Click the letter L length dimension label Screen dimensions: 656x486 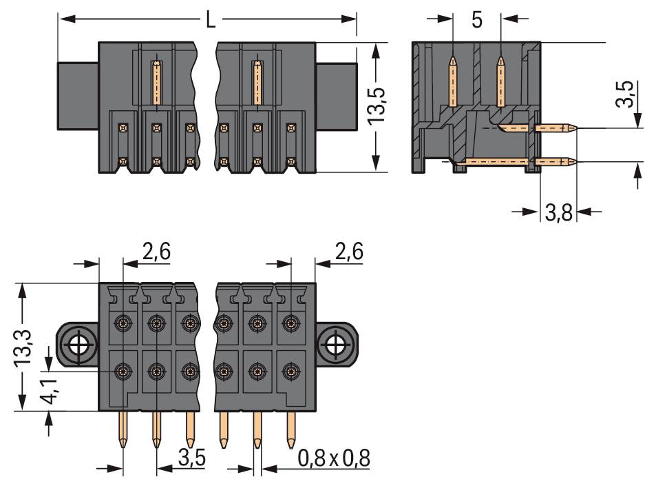pyautogui.click(x=211, y=20)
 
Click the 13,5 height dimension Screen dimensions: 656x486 pyautogui.click(x=376, y=106)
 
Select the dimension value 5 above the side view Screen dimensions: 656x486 pyautogui.click(x=477, y=20)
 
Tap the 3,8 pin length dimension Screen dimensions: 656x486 pyautogui.click(x=558, y=212)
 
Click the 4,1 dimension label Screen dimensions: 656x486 pyautogui.click(x=52, y=390)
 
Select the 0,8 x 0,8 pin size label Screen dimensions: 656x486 pyautogui.click(x=334, y=458)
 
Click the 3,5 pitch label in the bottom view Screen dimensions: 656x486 pyautogui.click(x=191, y=458)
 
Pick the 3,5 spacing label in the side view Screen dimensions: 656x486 pyautogui.click(x=624, y=94)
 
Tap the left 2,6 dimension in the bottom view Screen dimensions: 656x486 pyautogui.click(x=156, y=252)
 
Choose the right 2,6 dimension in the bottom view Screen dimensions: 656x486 pyautogui.click(x=349, y=252)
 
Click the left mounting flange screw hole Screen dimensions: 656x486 pyautogui.click(x=78, y=345)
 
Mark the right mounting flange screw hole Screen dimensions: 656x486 pyautogui.click(x=335, y=345)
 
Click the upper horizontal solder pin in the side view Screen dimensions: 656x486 pyautogui.click(x=556, y=128)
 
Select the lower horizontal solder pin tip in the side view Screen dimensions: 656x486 pyautogui.click(x=574, y=161)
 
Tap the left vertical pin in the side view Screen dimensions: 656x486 pyautogui.click(x=453, y=81)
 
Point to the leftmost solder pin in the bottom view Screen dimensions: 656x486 pyautogui.click(x=123, y=429)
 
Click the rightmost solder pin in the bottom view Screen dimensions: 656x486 pyautogui.click(x=290, y=429)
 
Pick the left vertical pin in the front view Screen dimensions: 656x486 pyautogui.click(x=156, y=82)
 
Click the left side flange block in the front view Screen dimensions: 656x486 pyautogui.click(x=78, y=96)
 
